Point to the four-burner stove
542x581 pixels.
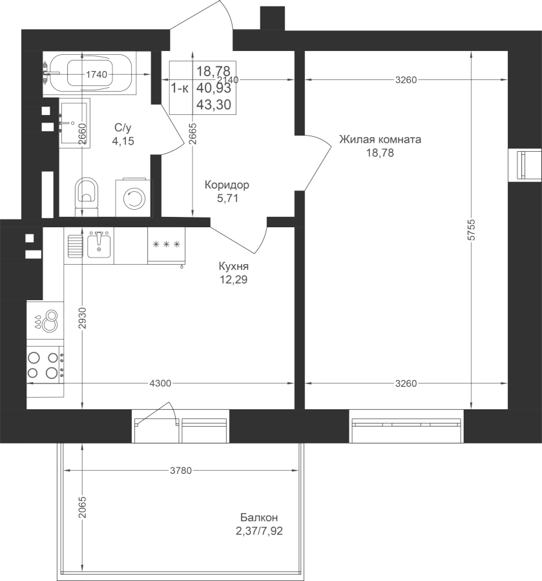click(44, 363)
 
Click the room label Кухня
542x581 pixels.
click(233, 267)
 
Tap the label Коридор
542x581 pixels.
click(226, 185)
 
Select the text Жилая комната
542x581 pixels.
click(380, 139)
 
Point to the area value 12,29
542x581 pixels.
click(233, 280)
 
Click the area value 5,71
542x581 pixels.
click(228, 198)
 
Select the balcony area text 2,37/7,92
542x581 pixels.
click(260, 531)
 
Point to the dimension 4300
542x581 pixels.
click(160, 384)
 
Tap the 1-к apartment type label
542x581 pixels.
click(180, 88)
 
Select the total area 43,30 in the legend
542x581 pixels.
click(216, 103)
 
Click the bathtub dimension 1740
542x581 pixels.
click(96, 74)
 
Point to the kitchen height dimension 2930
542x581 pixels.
click(82, 319)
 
